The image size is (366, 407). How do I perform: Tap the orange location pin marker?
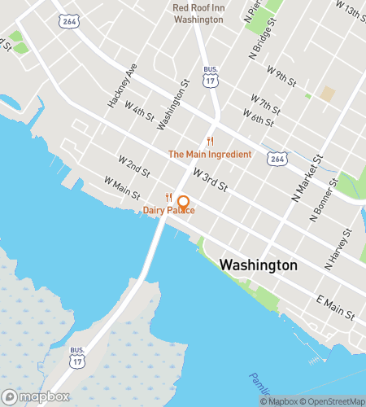pyautogui.click(x=184, y=203)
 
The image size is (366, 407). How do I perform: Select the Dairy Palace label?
pyautogui.click(x=169, y=211)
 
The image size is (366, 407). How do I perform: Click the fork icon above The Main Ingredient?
pyautogui.click(x=210, y=142)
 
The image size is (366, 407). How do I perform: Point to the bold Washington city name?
pyautogui.click(x=259, y=265)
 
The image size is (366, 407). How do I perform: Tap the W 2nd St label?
pyautogui.click(x=133, y=167)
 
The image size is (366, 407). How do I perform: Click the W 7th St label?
pyautogui.click(x=265, y=106)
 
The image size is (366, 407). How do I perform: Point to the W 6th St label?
pyautogui.click(x=258, y=120)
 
